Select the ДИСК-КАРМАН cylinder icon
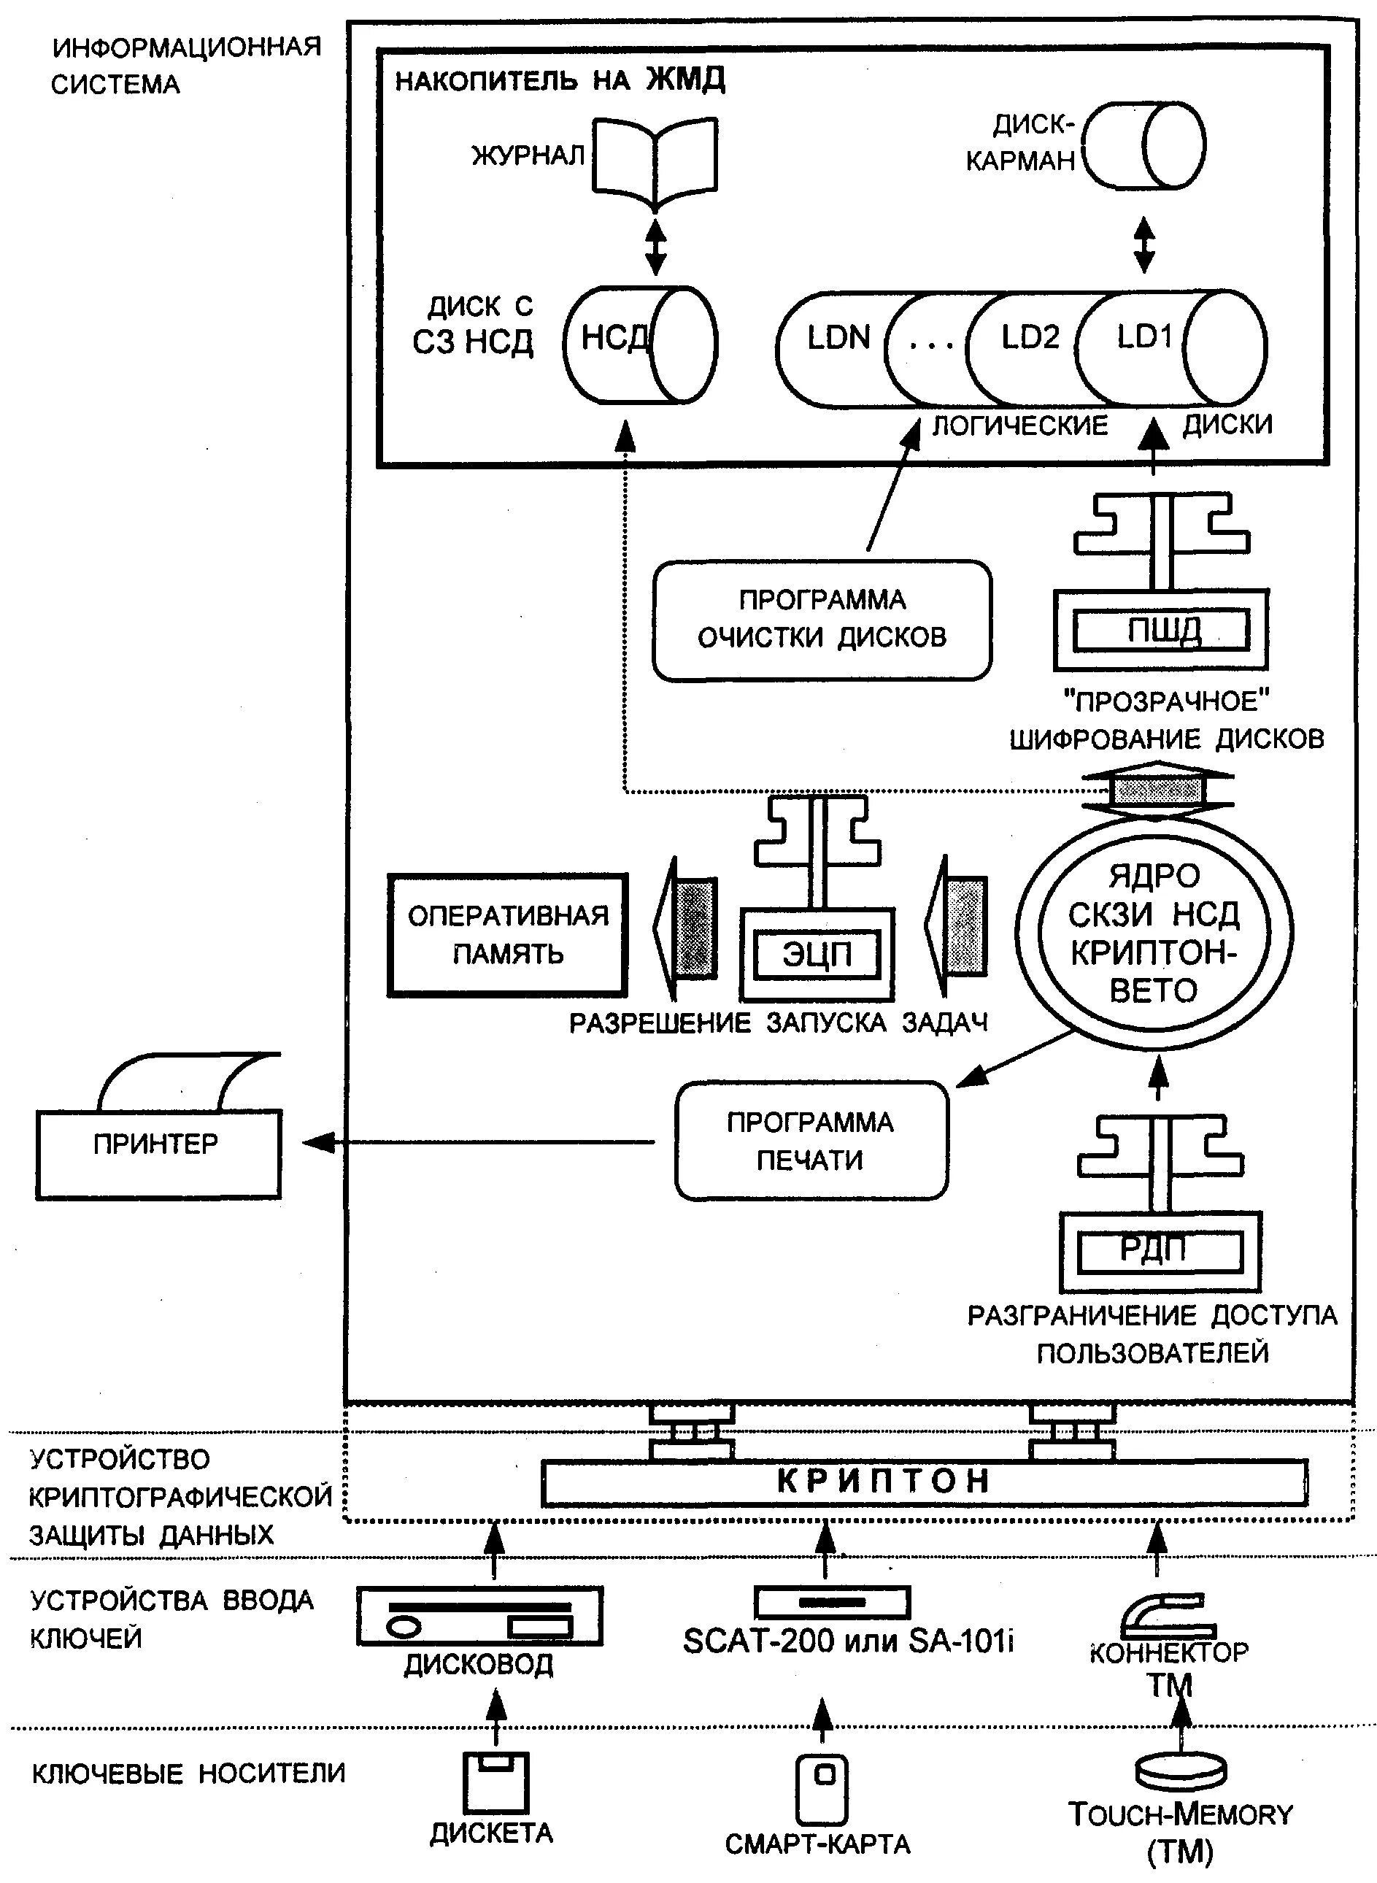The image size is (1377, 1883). [x=1144, y=146]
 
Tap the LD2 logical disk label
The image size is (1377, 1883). [x=1030, y=338]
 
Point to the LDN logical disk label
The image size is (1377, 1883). [x=838, y=339]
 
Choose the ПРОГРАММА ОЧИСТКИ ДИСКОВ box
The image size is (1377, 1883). [x=822, y=620]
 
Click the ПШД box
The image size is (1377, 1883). [x=1161, y=631]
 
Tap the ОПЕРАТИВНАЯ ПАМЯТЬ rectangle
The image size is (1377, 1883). [x=508, y=934]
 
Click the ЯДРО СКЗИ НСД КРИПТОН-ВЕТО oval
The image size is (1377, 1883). [x=1154, y=933]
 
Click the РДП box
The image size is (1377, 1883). [x=1160, y=1250]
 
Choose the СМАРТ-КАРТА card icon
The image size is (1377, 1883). [x=822, y=1789]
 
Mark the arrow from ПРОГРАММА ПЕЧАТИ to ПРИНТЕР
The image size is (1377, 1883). [x=478, y=1142]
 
